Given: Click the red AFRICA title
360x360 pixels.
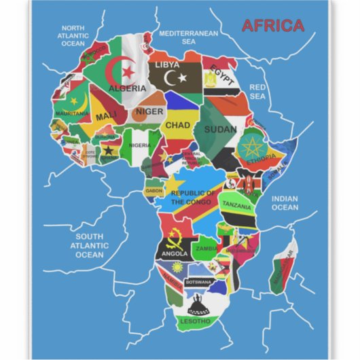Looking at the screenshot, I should pyautogui.click(x=272, y=26).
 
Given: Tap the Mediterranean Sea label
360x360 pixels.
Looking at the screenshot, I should pyautogui.click(x=188, y=37).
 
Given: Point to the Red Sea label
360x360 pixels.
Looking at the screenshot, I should pyautogui.click(x=258, y=92).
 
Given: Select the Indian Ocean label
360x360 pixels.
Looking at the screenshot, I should pyautogui.click(x=285, y=202).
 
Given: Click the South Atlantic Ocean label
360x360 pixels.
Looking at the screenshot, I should pyautogui.click(x=90, y=245).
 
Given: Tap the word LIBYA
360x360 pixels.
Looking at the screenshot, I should pyautogui.click(x=167, y=65).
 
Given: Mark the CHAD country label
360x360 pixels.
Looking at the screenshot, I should pyautogui.click(x=177, y=125).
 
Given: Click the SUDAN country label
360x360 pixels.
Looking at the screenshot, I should pyautogui.click(x=219, y=128).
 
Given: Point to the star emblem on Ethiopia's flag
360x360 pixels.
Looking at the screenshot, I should pyautogui.click(x=253, y=146).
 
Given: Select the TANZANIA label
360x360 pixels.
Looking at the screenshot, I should pyautogui.click(x=236, y=204).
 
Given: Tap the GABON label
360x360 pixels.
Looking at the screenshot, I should pyautogui.click(x=154, y=191).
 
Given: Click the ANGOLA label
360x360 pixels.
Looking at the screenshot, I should pyautogui.click(x=175, y=253).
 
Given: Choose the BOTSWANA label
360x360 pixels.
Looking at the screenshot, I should pyautogui.click(x=198, y=281).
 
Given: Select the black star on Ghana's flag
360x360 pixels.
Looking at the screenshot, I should pyautogui.click(x=107, y=150).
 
